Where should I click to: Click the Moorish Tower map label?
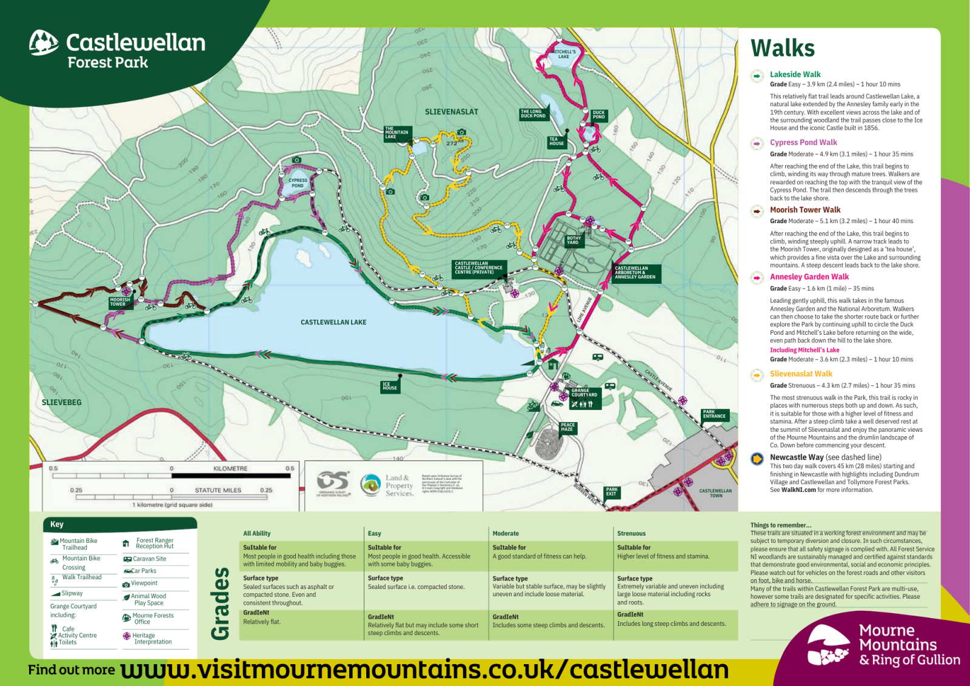[119, 302]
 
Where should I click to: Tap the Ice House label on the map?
[390, 386]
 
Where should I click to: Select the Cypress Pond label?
[298, 183]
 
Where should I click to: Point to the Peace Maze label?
[567, 427]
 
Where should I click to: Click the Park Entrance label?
[714, 414]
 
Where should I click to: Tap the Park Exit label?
[612, 491]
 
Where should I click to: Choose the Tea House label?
[557, 141]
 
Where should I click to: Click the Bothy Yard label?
[574, 240]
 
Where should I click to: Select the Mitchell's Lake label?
[564, 54]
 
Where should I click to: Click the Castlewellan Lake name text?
[333, 322]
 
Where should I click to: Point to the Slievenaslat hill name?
[451, 112]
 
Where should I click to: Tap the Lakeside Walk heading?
[795, 75]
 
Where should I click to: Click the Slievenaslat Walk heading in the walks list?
[801, 374]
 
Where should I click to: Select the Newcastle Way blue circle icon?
[757, 459]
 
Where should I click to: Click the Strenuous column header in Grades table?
[631, 533]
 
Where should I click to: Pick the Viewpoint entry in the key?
[144, 583]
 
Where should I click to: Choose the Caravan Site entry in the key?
[149, 559]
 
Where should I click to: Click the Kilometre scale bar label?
[230, 468]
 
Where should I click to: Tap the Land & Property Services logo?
[388, 485]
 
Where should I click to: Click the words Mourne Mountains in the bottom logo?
[897, 637]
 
